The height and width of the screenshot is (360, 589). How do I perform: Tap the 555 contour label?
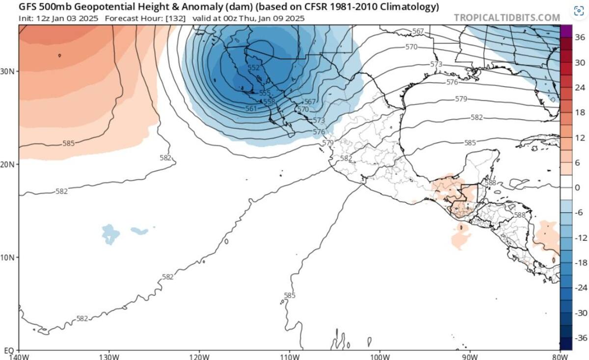[x=265, y=93]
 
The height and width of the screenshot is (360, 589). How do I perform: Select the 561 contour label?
[x=251, y=108]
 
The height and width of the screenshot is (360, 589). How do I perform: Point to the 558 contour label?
[x=269, y=102]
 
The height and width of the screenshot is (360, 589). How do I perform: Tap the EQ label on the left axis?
[x=9, y=351]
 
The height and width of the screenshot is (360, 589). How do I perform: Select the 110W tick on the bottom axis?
[x=290, y=356]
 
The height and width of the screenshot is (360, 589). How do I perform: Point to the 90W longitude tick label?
[x=470, y=356]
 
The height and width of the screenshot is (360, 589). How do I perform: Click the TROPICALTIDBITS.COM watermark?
[x=507, y=18]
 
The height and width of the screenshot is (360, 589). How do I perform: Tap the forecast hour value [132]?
[x=175, y=19]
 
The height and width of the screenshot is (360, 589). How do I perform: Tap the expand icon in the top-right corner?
[x=578, y=10]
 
